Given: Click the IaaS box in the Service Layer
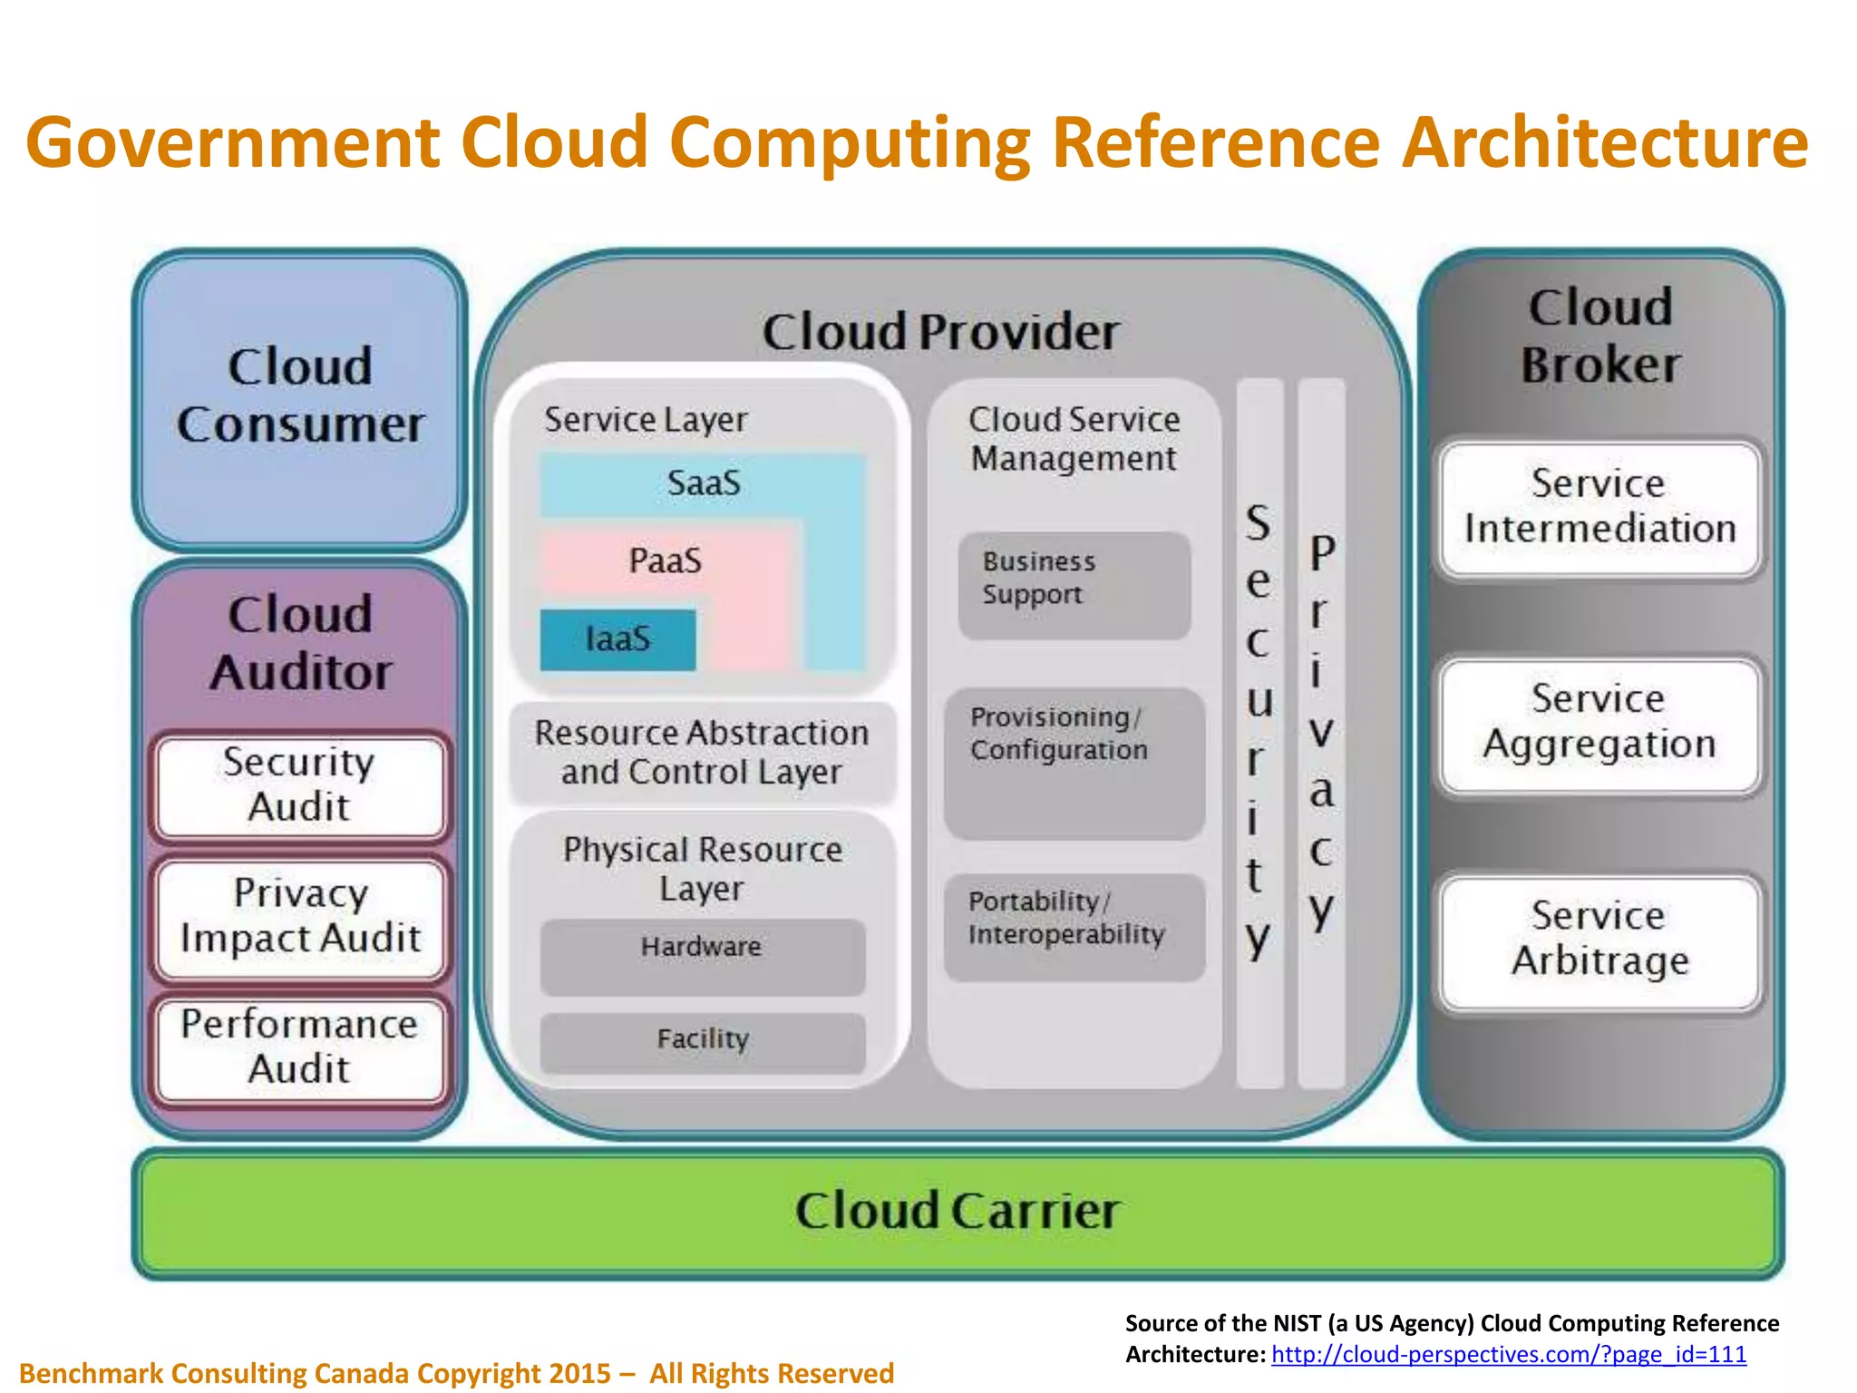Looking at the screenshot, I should pos(617,639).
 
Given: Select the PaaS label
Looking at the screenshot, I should pos(666,560).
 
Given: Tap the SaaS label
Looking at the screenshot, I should pos(704,483).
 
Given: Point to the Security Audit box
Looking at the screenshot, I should pos(299,785).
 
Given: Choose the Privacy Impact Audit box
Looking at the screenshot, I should pos(300,917).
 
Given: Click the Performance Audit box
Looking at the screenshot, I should pos(299,1047).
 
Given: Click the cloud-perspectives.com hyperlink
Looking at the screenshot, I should pos(1508,1355).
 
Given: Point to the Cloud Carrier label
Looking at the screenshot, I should pos(958,1212).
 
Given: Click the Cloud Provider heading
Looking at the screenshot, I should pos(940,332).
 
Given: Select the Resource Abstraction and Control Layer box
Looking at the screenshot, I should pos(702,753).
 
